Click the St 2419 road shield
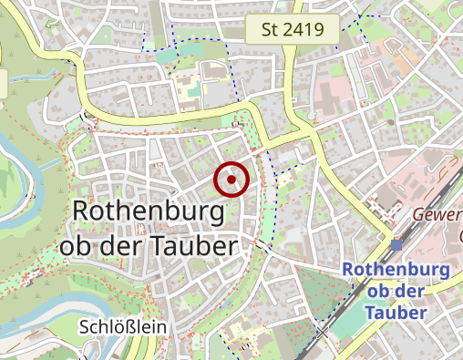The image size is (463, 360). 293,30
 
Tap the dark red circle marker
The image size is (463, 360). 232,180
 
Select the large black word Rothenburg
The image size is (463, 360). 148,212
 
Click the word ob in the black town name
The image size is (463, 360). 76,246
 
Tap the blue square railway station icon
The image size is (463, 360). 396,244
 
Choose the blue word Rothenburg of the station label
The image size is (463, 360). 396,271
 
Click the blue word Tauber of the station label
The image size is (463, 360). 396,313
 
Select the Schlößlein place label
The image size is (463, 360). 122,326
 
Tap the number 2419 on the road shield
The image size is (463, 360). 304,30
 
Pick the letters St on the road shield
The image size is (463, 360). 270,30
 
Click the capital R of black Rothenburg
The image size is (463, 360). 80,212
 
